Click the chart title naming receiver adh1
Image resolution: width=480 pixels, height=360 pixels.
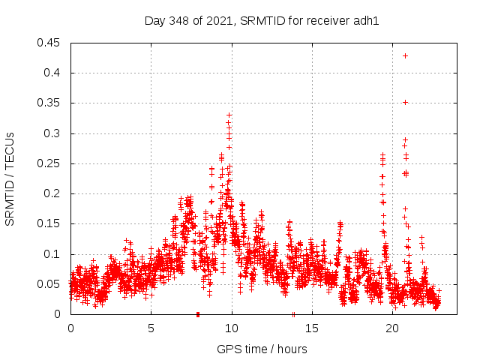pyautogui.click(x=262, y=20)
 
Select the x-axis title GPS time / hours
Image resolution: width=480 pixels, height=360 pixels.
pyautogui.click(x=262, y=349)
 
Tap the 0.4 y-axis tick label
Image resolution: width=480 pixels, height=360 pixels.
pyautogui.click(x=55, y=73)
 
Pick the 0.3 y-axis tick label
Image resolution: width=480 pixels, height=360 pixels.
pyautogui.click(x=55, y=133)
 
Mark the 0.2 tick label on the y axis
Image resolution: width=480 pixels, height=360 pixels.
pyautogui.click(x=55, y=193)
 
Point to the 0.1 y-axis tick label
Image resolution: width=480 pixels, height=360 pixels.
pyautogui.click(x=55, y=254)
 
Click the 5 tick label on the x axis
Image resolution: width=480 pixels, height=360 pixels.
pyautogui.click(x=151, y=328)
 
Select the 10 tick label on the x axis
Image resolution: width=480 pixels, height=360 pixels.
pyautogui.click(x=232, y=328)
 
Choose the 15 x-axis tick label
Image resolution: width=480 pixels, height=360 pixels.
pyautogui.click(x=312, y=328)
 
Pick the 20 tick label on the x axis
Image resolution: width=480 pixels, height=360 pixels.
pyautogui.click(x=393, y=328)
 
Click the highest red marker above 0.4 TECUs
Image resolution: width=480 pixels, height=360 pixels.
pyautogui.click(x=406, y=55)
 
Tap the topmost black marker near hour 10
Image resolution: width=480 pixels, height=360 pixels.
pyautogui.click(x=229, y=115)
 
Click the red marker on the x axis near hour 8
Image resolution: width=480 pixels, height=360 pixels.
pyautogui.click(x=198, y=313)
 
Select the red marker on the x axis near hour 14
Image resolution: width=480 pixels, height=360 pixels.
pyautogui.click(x=293, y=313)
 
